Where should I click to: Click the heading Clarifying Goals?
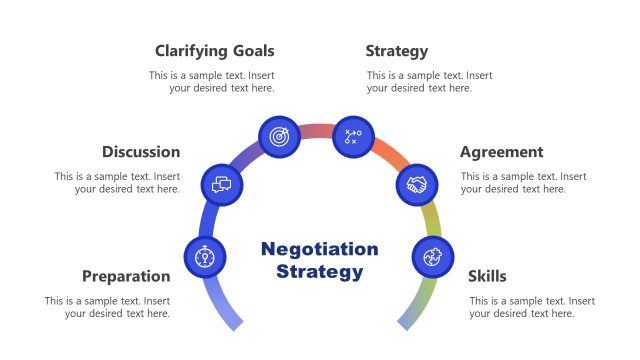coord(214,51)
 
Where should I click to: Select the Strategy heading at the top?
coord(396,51)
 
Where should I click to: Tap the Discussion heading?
coord(141,152)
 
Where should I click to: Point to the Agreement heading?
coord(501,152)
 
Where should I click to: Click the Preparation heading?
coord(126,276)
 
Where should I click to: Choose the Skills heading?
coord(487,276)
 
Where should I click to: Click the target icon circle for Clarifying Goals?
coord(279,135)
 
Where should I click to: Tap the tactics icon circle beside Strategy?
coord(352,136)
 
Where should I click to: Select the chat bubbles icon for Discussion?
coord(222,184)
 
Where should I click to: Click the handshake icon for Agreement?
coord(418,185)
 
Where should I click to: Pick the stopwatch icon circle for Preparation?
coord(205,257)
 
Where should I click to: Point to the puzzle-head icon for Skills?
coord(433,257)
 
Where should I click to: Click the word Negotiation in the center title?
coord(319,249)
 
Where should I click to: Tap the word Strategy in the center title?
coord(319,271)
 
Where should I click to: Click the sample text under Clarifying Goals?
coord(212,82)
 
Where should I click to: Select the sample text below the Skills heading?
coord(532,307)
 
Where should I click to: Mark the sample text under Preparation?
coord(107,307)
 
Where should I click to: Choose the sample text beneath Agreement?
coord(523,183)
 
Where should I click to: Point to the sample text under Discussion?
coord(117,183)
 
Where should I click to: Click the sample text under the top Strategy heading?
coord(429,82)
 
